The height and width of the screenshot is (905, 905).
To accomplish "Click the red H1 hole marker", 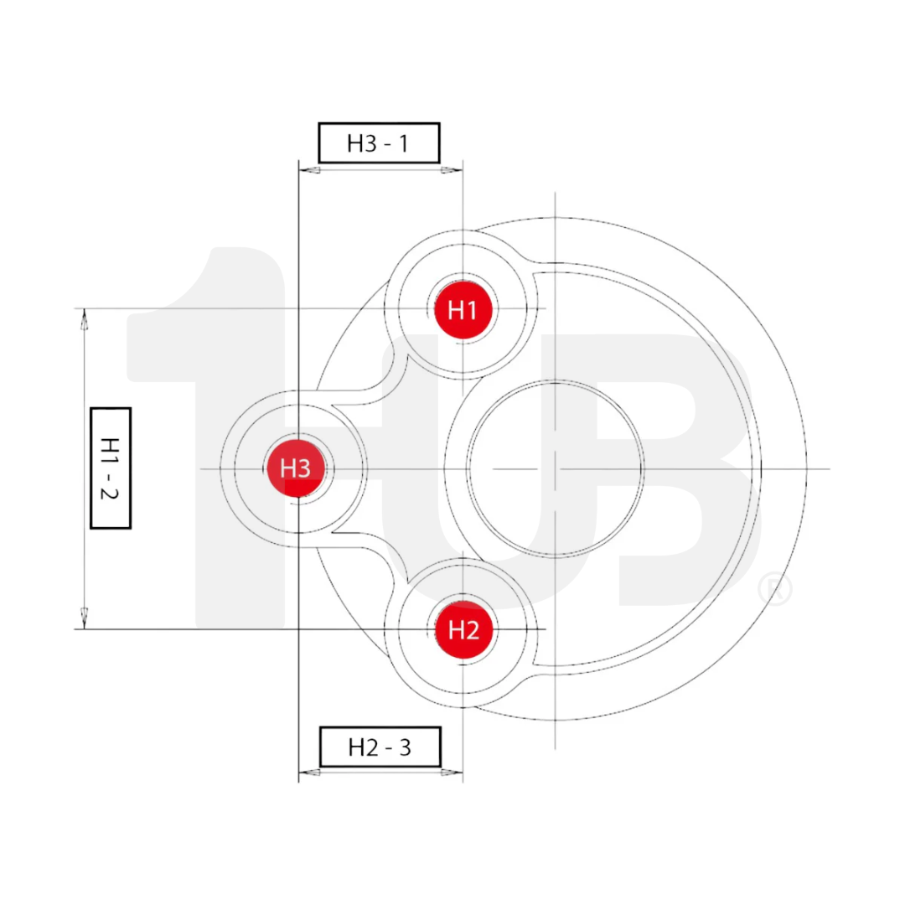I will pos(463,309).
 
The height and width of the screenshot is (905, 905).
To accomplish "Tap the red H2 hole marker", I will pos(463,629).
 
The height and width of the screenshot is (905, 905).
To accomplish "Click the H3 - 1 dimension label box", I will pos(379,142).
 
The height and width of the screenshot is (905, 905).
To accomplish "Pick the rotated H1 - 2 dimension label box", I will pos(111,468).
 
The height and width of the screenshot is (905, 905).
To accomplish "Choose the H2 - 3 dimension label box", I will pos(380,746).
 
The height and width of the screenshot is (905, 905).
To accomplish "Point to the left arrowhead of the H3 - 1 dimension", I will pos(309,170).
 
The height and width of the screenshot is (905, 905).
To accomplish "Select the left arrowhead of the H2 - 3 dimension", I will pos(309,772).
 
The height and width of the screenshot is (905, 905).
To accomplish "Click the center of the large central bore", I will pos(556,468).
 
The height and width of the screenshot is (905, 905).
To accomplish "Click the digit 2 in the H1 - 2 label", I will pos(111,494).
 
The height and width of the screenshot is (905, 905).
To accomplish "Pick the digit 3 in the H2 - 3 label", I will pos(405,747).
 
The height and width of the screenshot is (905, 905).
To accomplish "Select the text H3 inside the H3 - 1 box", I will pos(362,143).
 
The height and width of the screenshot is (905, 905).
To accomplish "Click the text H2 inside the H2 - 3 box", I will pos(363,747).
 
